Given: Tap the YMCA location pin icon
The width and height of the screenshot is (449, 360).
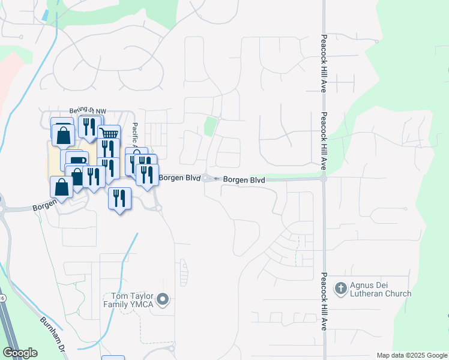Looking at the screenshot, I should coord(163,299).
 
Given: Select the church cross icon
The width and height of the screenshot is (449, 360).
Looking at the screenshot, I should coord(340,288).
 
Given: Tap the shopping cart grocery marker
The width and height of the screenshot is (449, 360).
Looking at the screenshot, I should coord(109,134).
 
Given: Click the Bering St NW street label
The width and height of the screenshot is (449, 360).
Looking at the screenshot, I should coord(88,111).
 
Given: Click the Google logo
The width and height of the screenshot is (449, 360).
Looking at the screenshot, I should coord(20,353).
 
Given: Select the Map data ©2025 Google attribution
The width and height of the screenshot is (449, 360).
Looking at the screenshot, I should coord(412,355).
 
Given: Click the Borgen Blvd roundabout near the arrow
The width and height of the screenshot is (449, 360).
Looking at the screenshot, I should coord(206,178).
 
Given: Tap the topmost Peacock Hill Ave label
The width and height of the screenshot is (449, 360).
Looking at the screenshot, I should coord(323,62).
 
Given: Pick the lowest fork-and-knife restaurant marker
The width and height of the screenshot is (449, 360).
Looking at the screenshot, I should coord(119,197).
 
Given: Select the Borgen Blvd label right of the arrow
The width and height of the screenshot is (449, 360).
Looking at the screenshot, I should coord(244,179).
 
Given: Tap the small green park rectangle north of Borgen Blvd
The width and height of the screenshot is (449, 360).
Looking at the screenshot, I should coord(210,127).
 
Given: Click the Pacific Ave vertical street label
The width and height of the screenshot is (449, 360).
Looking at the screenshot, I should coord(136,137).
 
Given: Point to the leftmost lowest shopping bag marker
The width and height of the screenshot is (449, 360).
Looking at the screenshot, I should coord(61,187).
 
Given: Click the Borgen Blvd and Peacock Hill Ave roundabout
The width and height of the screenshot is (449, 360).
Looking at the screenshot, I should coord(324,178).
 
